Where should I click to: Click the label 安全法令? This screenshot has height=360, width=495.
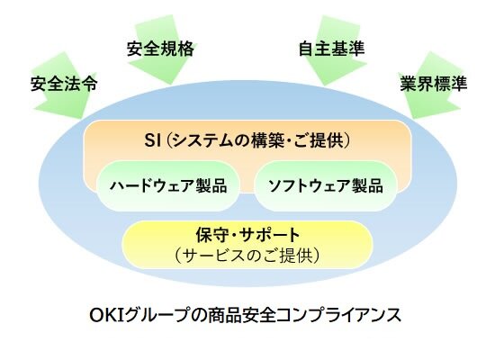[x=63, y=85]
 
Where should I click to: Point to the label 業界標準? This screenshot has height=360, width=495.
[x=432, y=85]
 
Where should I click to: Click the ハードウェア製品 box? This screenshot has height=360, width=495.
[x=168, y=186]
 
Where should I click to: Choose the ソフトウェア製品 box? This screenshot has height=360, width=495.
[x=325, y=186]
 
